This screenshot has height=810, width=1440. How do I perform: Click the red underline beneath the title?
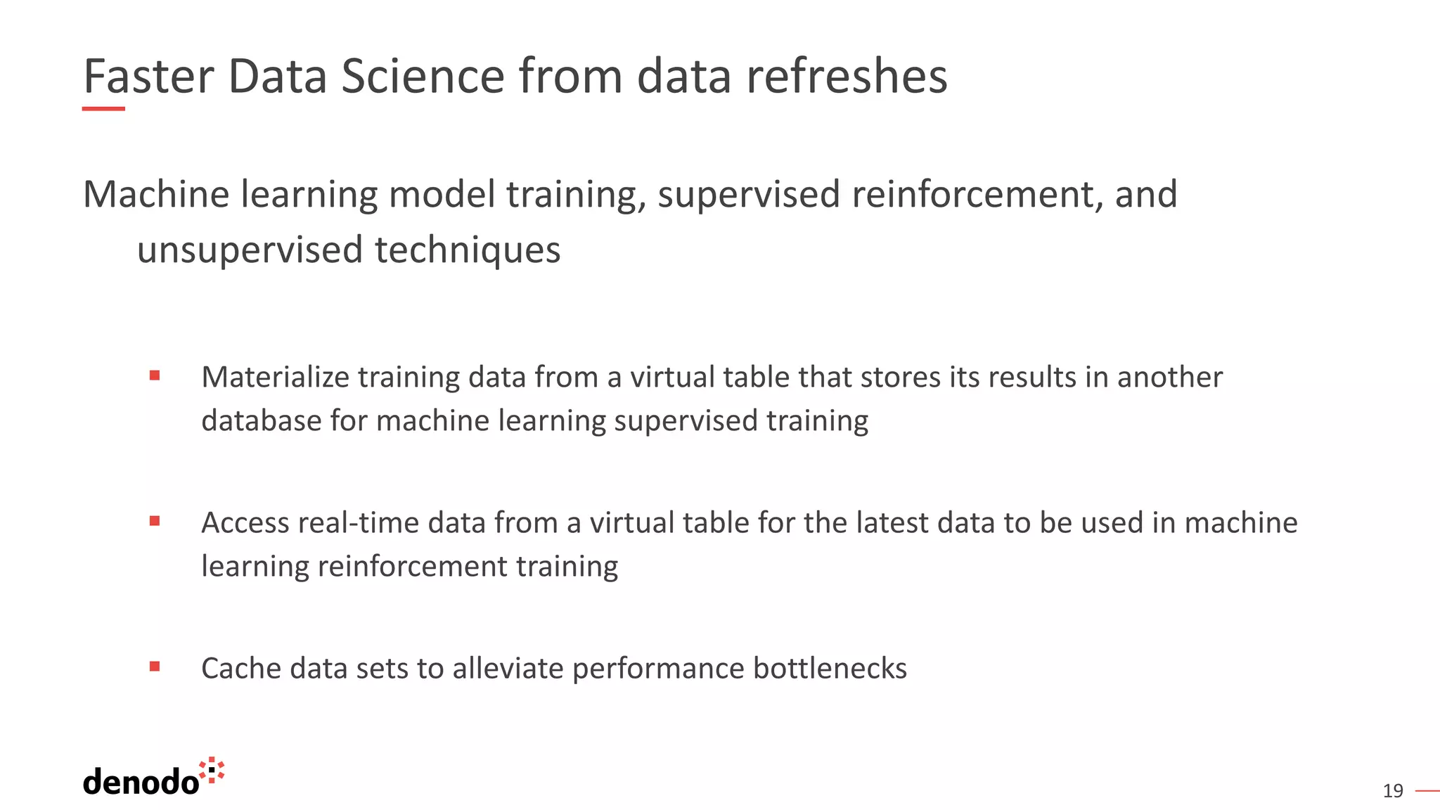(x=103, y=109)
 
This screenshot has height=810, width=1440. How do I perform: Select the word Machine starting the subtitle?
(x=156, y=195)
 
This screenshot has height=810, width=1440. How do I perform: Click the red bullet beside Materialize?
(x=155, y=376)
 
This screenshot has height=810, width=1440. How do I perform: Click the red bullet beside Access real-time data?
(x=155, y=521)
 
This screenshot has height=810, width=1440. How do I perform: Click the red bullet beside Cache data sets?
(x=155, y=667)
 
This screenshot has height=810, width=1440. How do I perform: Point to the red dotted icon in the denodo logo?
(x=212, y=771)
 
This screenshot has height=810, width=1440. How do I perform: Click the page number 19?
(x=1392, y=791)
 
